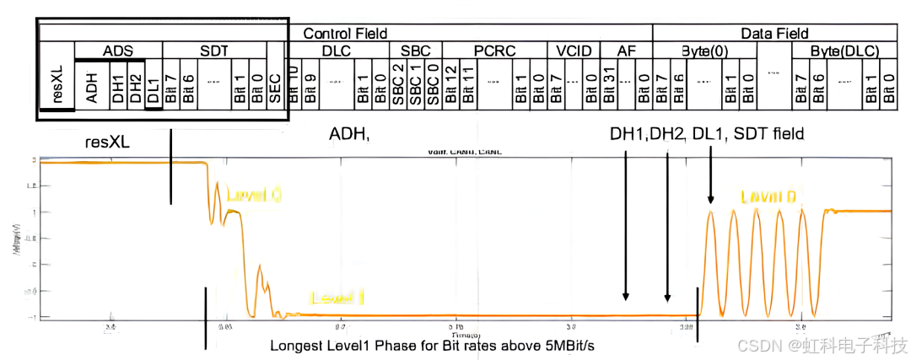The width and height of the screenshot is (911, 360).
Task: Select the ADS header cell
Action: tap(118, 51)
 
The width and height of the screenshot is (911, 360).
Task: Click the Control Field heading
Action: tap(345, 34)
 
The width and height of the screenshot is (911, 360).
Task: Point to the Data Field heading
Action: tap(774, 34)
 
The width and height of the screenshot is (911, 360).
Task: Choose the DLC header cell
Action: tap(335, 51)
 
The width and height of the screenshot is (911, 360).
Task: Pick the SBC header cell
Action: tap(416, 51)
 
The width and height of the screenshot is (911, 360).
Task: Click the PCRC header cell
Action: tap(493, 51)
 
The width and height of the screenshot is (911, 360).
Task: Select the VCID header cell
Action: tap(573, 51)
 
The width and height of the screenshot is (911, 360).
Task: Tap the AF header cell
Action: tap(626, 51)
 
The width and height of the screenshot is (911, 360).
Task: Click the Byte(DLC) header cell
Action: tap(844, 51)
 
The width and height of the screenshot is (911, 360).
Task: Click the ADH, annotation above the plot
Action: tap(349, 134)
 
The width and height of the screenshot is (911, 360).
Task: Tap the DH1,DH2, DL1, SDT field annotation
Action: tap(707, 134)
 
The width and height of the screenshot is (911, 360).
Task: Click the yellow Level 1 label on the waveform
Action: tap(337, 297)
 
